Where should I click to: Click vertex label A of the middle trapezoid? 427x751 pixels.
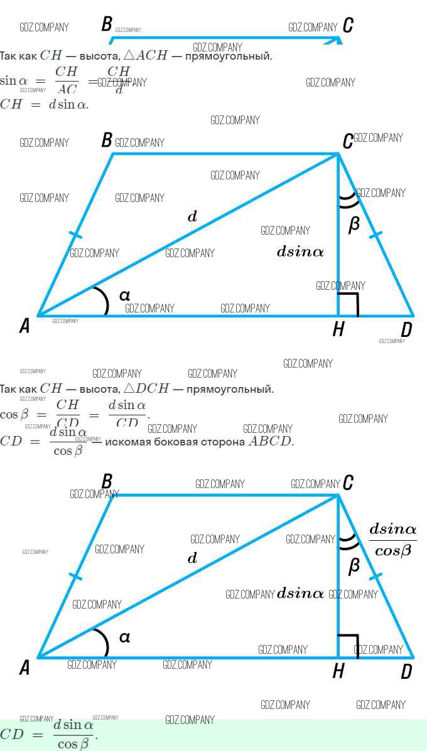[x=24, y=326]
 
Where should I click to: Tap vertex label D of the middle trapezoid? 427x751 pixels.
[x=406, y=329]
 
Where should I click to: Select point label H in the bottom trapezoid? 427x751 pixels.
[x=338, y=671]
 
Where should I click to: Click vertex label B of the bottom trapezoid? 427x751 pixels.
[x=107, y=482]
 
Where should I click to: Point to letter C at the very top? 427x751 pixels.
[x=348, y=25]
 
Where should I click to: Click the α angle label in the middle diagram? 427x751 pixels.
[x=124, y=295]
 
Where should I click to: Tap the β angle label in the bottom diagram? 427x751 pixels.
[x=354, y=566]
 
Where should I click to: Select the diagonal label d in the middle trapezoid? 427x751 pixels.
[x=192, y=217]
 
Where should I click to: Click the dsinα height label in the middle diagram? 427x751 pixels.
[x=300, y=252]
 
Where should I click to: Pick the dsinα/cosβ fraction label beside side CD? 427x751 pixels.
[x=392, y=540]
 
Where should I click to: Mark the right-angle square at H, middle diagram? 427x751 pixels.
[x=349, y=304]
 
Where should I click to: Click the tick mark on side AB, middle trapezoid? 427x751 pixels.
[x=75, y=235]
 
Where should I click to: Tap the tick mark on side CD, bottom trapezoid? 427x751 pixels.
[x=376, y=576]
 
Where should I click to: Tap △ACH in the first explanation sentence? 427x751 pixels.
[x=144, y=56]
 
